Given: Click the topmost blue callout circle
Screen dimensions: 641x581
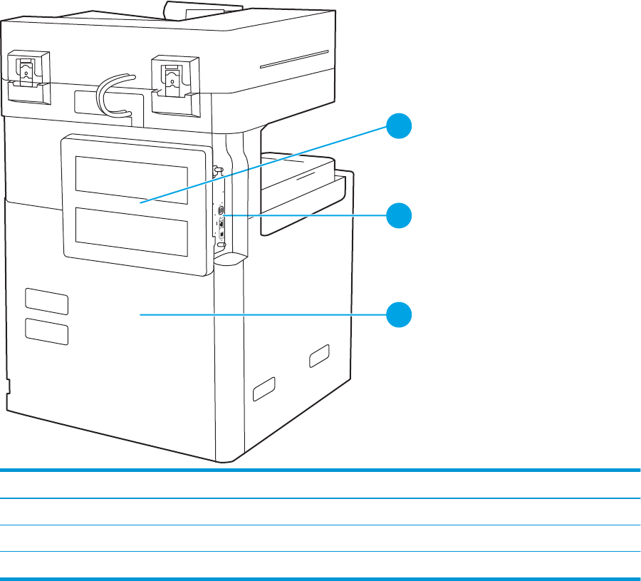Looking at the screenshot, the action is click(x=400, y=129).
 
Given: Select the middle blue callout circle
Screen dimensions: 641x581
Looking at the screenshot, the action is click(x=400, y=215).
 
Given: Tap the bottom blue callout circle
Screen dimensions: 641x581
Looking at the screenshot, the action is click(x=400, y=314).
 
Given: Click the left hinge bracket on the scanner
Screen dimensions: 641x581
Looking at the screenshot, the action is click(x=26, y=74).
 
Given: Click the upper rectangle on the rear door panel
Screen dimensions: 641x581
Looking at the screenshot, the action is click(x=132, y=175).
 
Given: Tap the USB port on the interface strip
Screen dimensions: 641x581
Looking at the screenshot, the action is click(x=221, y=211).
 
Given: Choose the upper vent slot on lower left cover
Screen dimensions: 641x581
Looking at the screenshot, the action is click(x=47, y=302).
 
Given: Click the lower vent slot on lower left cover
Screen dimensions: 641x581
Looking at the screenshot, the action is click(x=47, y=331).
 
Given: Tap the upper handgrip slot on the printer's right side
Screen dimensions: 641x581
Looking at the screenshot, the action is click(x=319, y=355).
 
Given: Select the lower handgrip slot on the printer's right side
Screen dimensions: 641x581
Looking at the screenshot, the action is click(x=263, y=389).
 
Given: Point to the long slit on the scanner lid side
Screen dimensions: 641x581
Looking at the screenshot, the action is click(x=294, y=58).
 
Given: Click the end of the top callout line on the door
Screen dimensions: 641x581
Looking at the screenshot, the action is click(x=140, y=204).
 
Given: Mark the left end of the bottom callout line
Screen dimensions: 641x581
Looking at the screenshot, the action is click(x=140, y=313).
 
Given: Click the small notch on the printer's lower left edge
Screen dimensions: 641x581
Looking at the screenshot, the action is click(x=9, y=386).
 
